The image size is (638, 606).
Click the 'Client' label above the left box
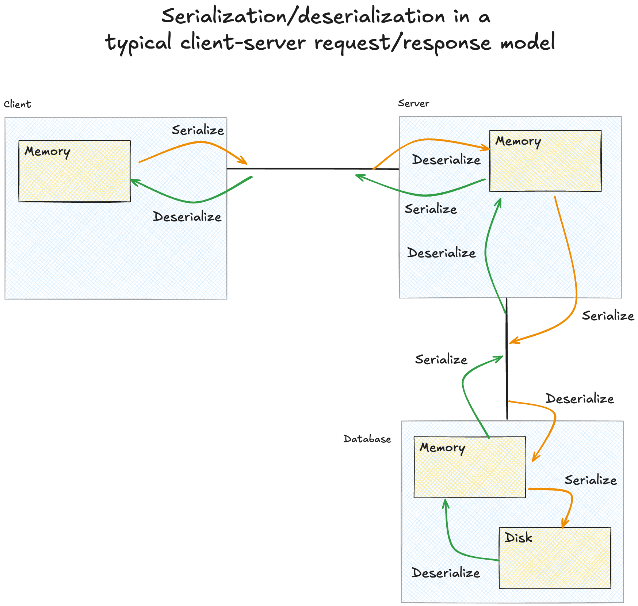point(17,104)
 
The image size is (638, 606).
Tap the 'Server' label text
point(413,104)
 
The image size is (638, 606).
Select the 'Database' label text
point(367,439)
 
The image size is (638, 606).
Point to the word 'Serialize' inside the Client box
point(198,130)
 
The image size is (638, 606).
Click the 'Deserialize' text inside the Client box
point(187,217)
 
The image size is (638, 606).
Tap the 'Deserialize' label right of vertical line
point(580,399)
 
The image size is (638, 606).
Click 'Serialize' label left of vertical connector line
point(441,360)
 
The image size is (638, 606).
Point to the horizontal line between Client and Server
point(310,169)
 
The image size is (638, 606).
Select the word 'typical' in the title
point(139,43)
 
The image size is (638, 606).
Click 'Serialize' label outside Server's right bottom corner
point(608,316)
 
